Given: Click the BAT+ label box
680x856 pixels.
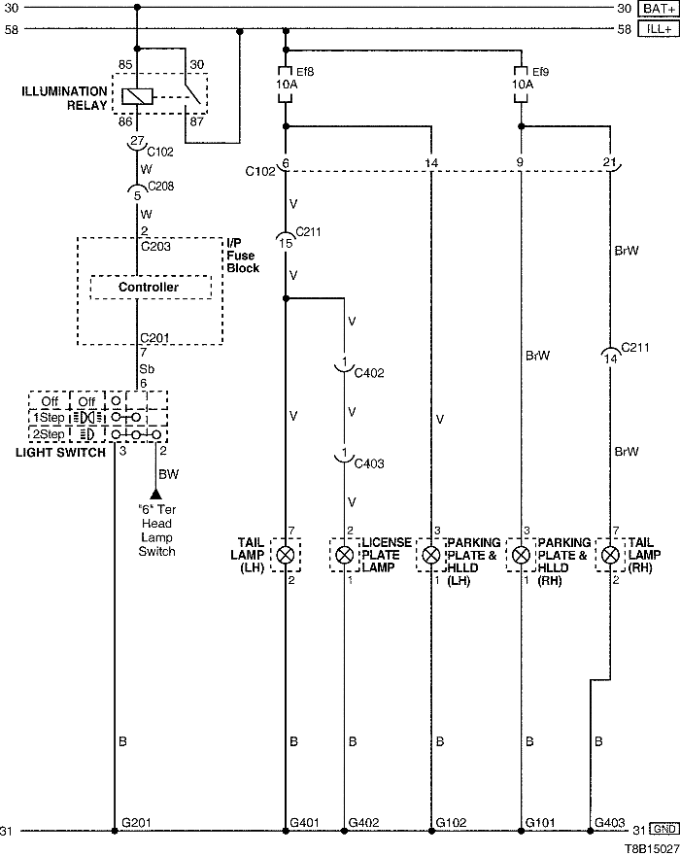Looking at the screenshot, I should tap(658, 9).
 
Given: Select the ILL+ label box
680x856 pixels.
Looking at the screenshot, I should tap(658, 29).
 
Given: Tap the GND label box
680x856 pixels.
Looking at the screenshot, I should tap(663, 830).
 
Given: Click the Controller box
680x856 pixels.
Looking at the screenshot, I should tap(149, 288).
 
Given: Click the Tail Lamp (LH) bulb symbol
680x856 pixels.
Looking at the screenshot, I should tap(286, 555).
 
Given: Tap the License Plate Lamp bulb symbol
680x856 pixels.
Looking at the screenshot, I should tap(344, 555).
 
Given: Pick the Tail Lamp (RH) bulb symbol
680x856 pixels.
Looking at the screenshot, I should tap(610, 555).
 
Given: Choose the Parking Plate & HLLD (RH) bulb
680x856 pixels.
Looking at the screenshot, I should tap(522, 555).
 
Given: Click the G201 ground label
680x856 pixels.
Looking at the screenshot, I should tap(136, 822).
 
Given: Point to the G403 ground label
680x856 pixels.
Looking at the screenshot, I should tap(611, 822).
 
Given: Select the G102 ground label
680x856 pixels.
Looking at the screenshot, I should tap(453, 822).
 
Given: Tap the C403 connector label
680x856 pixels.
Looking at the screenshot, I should tap(369, 463).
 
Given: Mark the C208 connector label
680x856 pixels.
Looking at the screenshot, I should tap(161, 187).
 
